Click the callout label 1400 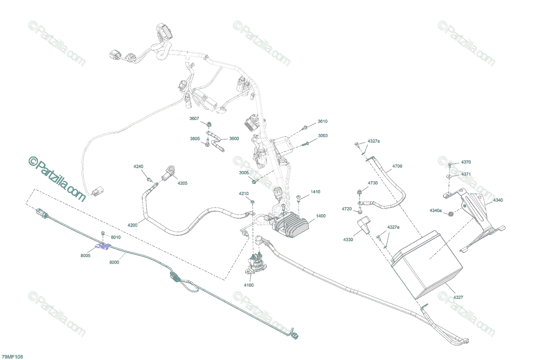coord(321,216)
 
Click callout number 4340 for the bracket coord(498,200)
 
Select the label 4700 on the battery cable coord(397,166)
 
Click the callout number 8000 coord(114,262)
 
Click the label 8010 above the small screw coord(115,237)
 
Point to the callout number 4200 coord(132,225)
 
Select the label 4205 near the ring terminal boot coord(183,183)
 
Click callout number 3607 coord(194,119)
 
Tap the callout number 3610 coord(322,121)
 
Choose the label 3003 coord(322,136)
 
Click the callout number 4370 coord(466,162)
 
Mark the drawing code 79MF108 coord(12,357)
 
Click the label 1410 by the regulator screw coord(316,192)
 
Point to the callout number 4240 coord(139,166)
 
